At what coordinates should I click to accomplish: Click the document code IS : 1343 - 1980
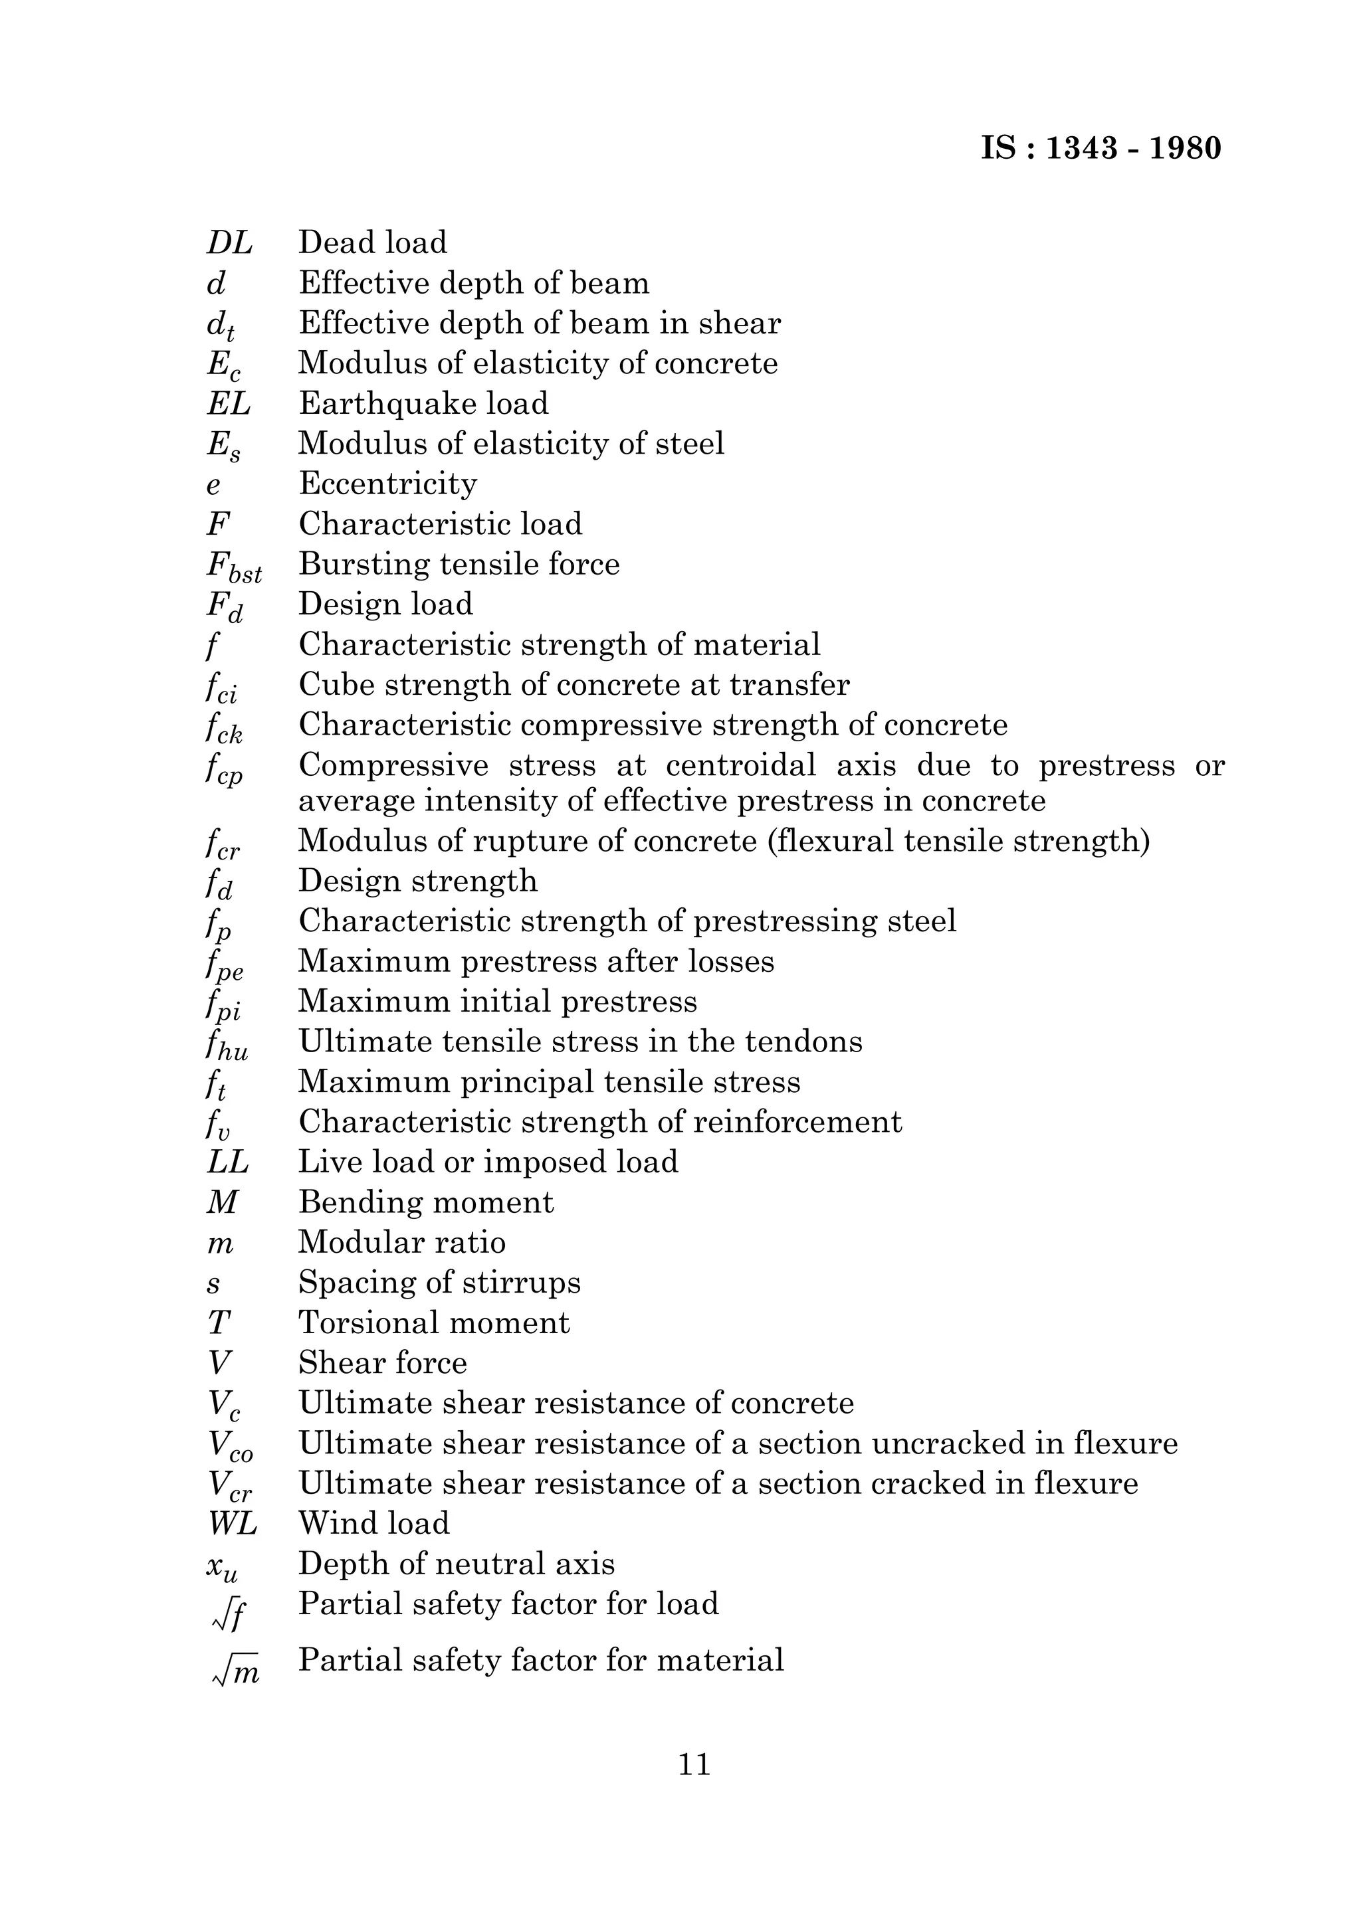[x=1100, y=149]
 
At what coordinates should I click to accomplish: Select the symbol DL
[x=229, y=242]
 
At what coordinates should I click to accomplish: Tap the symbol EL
[x=229, y=404]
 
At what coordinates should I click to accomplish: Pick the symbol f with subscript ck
[x=223, y=727]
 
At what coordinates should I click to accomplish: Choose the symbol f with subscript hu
[x=227, y=1045]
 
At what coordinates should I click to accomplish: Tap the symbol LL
[x=227, y=1162]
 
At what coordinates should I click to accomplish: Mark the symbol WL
[x=233, y=1523]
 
